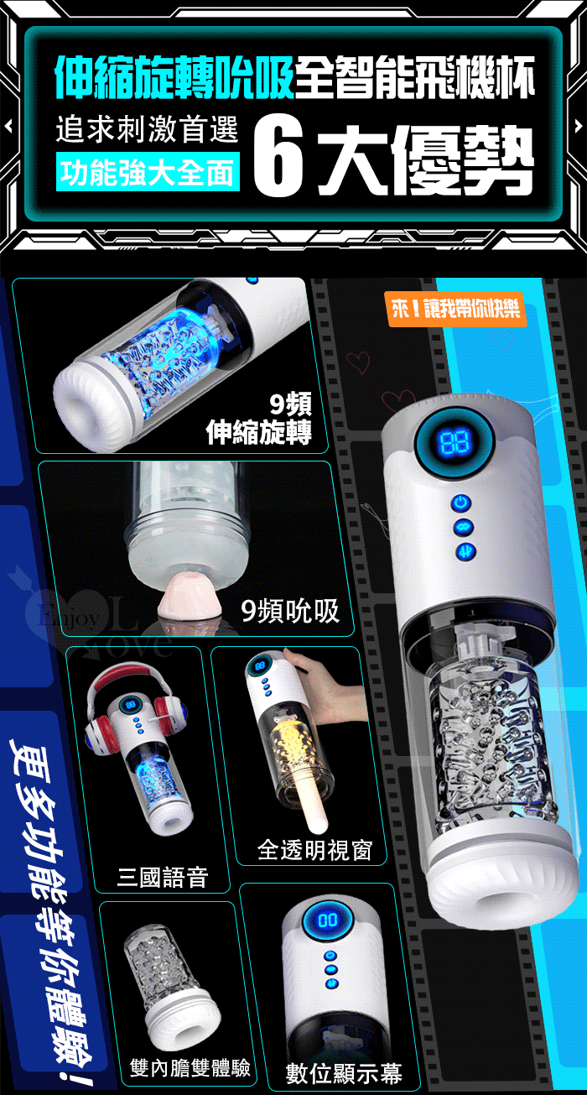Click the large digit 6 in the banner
[x=279, y=159]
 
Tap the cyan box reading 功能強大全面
[x=148, y=171]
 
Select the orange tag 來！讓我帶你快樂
[x=456, y=309]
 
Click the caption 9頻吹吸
[x=290, y=611]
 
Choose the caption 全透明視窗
[x=314, y=850]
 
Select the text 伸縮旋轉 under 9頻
[x=259, y=432]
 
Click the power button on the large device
[x=462, y=502]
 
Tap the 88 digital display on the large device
[x=455, y=442]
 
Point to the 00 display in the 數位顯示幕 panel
[x=328, y=920]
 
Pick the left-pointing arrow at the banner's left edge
[x=8, y=127]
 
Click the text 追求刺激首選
[x=147, y=129]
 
